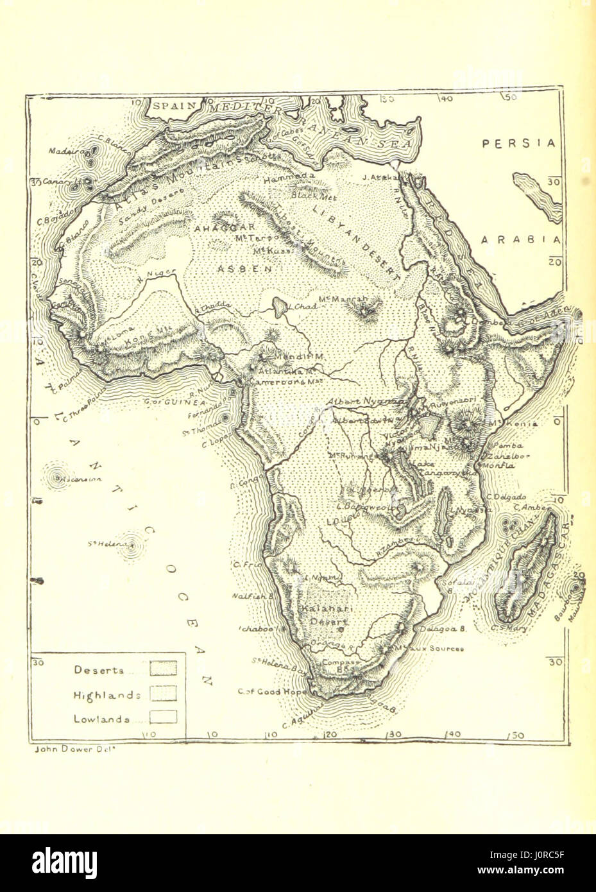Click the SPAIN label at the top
pyautogui.click(x=174, y=107)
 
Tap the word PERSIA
pyautogui.click(x=519, y=144)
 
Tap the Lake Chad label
pyautogui.click(x=300, y=306)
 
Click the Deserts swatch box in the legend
pyautogui.click(x=163, y=669)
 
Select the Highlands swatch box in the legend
pyautogui.click(x=163, y=694)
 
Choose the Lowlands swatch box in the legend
pyautogui.click(x=163, y=717)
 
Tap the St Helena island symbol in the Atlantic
pyautogui.click(x=132, y=547)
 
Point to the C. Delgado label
pyautogui.click(x=506, y=497)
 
